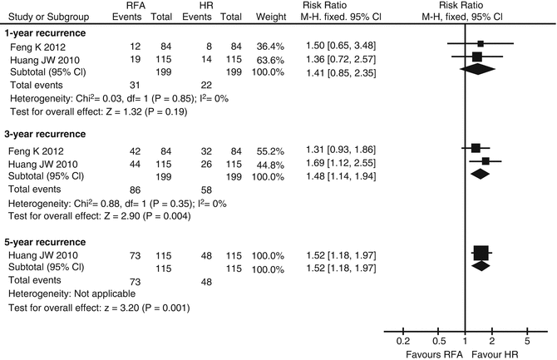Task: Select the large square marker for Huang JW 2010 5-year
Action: pos(480,253)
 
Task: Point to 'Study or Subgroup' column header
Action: pos(47,14)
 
